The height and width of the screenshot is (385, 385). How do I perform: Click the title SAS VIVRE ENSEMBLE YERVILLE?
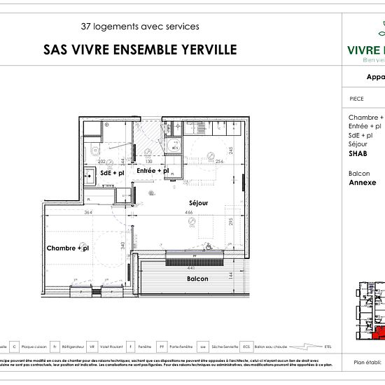tap(140, 50)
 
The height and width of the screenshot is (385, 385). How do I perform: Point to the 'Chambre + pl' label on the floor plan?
tap(67, 248)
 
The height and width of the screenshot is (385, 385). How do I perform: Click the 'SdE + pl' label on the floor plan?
tap(112, 172)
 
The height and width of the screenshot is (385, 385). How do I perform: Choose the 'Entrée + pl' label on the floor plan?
tap(153, 171)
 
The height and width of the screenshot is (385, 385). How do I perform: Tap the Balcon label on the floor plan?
tap(197, 279)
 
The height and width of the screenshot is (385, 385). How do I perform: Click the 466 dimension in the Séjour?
tap(188, 212)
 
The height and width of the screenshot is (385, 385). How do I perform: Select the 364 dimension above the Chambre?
tap(88, 212)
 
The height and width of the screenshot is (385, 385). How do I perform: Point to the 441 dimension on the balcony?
tap(191, 268)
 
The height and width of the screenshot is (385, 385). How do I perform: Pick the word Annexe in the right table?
tap(363, 183)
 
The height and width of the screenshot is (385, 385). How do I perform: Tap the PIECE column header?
tap(356, 99)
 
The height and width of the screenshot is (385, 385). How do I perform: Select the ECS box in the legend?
tap(246, 346)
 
